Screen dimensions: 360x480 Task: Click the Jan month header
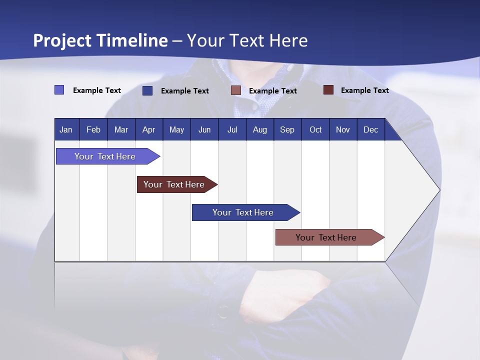click(66, 129)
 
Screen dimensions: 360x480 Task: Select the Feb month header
click(93, 129)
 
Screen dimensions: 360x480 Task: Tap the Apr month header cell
click(149, 129)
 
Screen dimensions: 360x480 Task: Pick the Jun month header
click(204, 129)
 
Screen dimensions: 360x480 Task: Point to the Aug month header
click(260, 129)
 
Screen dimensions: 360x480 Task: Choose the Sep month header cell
click(287, 129)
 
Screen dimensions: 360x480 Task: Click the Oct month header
click(315, 129)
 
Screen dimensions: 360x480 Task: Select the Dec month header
click(371, 129)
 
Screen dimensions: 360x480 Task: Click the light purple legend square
click(59, 90)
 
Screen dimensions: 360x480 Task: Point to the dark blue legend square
click(147, 90)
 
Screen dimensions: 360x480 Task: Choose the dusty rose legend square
click(236, 90)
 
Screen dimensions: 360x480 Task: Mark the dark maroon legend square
click(328, 90)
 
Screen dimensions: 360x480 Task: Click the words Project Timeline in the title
click(100, 40)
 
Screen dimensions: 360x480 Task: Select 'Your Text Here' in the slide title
click(247, 40)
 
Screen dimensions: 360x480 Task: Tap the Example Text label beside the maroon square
click(364, 90)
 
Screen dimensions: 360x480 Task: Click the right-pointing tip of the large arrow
click(437, 190)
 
